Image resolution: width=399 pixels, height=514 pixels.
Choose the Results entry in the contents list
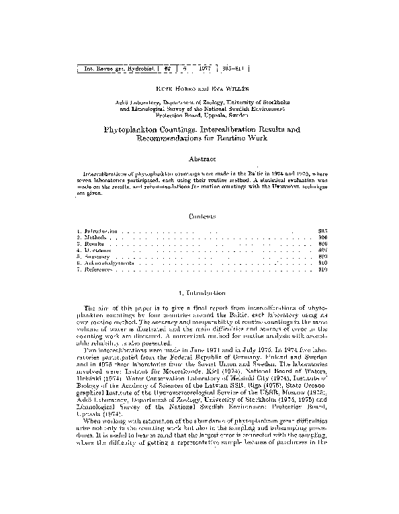[91, 244]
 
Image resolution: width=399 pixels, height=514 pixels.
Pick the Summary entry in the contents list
[93, 257]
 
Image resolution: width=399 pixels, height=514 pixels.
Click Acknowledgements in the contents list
[103, 263]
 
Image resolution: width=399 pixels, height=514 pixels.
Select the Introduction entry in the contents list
[97, 230]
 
